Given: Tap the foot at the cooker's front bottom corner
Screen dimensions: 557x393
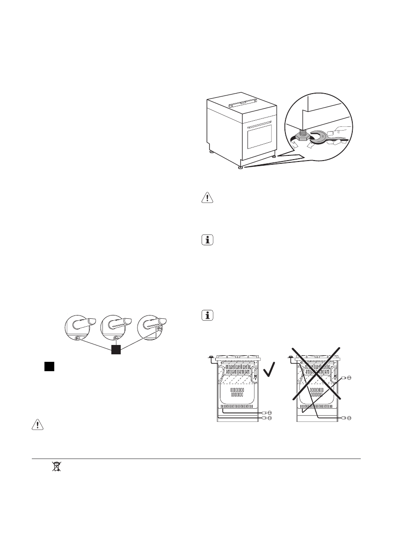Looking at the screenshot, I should click(x=241, y=167).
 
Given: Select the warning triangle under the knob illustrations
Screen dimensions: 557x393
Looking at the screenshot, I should click(x=36, y=425).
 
